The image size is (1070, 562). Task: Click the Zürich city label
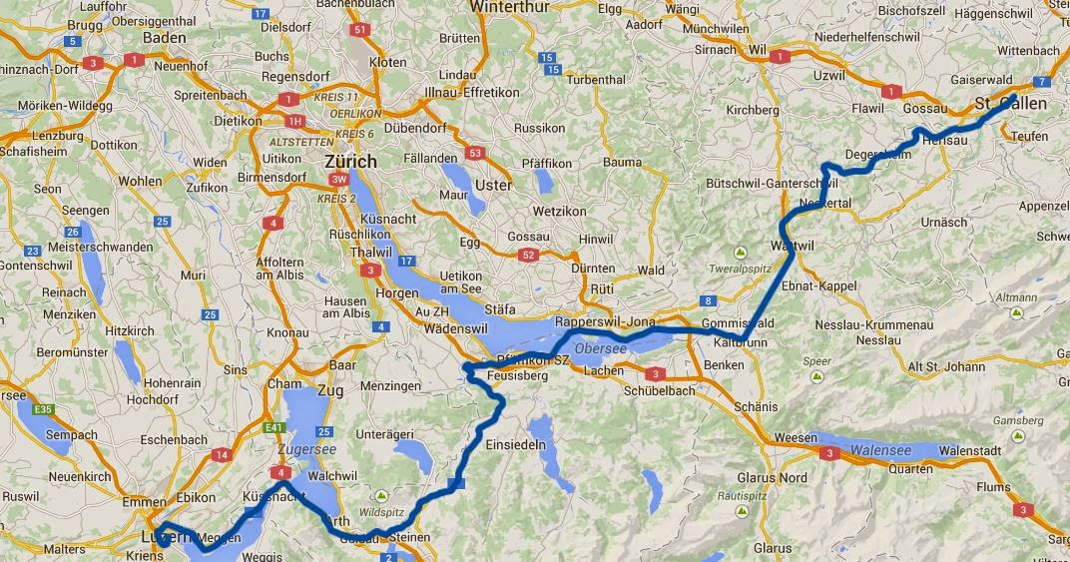click(x=350, y=161)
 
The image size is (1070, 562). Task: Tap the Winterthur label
click(x=483, y=7)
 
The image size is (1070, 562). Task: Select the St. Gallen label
click(x=1010, y=104)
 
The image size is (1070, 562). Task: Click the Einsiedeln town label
click(x=515, y=444)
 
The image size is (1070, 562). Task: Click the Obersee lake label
click(x=600, y=347)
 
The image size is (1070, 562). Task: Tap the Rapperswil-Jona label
click(x=605, y=322)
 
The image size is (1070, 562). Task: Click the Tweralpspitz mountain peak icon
click(x=740, y=252)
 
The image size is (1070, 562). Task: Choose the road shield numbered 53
click(x=475, y=153)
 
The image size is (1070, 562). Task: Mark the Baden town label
click(x=166, y=37)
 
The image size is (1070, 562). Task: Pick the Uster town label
click(x=494, y=185)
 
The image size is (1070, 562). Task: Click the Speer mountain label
click(x=816, y=362)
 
